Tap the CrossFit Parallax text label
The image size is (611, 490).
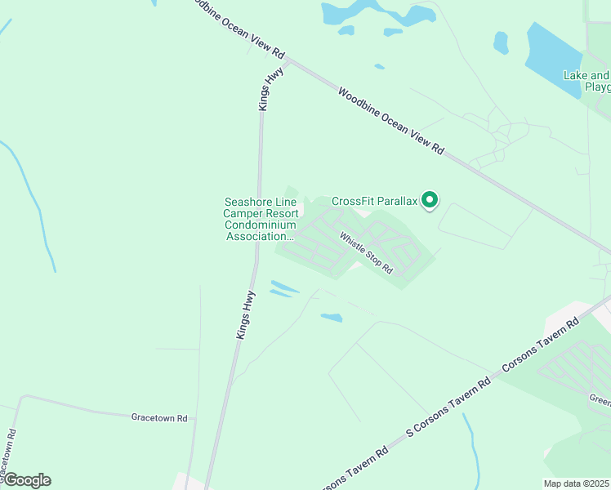[x=375, y=201]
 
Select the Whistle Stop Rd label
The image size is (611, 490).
[x=367, y=254]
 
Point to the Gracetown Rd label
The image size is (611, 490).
[x=159, y=417]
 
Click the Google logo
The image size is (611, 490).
[x=26, y=480]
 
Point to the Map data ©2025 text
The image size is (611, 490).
[x=577, y=483]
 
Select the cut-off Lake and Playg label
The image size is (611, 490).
[x=587, y=81]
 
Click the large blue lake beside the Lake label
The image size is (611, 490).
[x=551, y=57]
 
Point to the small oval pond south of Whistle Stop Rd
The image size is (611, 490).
[x=331, y=317]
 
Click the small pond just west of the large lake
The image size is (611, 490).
[x=501, y=42]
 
